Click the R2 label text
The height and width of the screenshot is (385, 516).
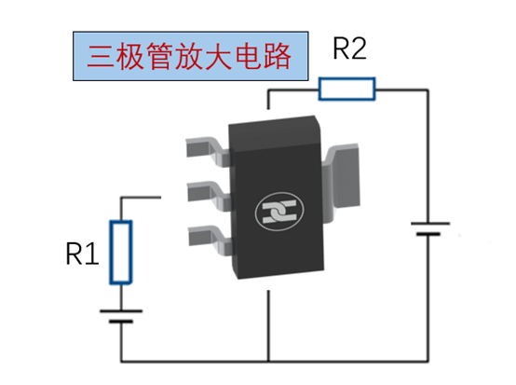[x=349, y=48]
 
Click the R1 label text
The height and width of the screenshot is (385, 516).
[x=82, y=254]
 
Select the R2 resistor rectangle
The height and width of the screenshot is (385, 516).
[x=346, y=89]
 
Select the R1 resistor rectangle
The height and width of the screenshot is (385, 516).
[x=121, y=253]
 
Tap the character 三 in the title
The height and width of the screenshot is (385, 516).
[x=101, y=56]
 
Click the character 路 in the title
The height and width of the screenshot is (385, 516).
[x=277, y=56]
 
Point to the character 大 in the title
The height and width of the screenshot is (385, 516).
[x=219, y=56]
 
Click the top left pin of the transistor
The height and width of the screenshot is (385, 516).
[x=208, y=151]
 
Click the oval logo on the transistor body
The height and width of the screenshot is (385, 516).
[x=279, y=211]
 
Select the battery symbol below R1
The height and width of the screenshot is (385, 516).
[x=121, y=316]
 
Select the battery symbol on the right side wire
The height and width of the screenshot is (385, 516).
[x=429, y=229]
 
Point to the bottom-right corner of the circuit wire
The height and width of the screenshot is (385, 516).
[x=428, y=362]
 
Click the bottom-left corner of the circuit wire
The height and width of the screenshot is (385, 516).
[x=121, y=362]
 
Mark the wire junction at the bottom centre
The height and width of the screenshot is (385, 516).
[x=268, y=362]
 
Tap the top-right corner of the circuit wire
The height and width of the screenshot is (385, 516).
[x=428, y=89]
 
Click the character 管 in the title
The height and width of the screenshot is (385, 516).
[x=160, y=56]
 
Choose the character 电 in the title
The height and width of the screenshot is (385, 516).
[x=248, y=56]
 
